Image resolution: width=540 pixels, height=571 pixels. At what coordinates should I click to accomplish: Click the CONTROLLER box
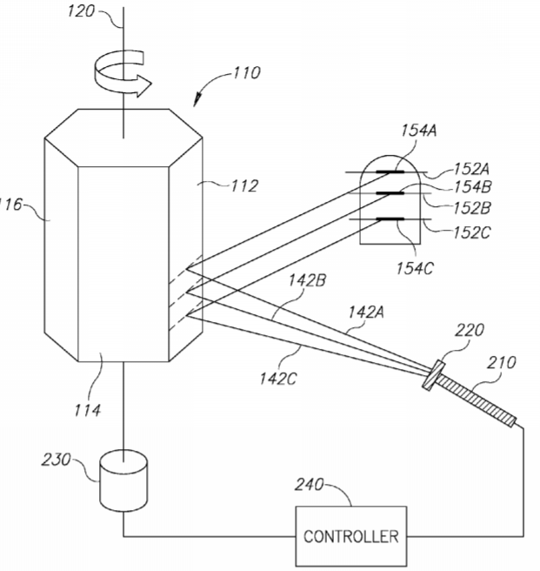350,536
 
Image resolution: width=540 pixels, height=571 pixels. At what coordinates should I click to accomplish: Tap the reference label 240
309,485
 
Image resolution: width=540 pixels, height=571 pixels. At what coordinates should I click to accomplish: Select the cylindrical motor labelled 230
123,480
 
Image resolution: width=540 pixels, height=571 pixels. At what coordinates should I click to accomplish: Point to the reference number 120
81,11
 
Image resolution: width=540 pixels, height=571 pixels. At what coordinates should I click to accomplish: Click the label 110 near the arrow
246,73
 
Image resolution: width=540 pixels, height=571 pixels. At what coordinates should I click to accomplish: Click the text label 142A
366,312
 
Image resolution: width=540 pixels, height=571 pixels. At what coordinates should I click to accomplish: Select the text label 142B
308,281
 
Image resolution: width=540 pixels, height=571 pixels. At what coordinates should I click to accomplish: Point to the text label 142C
277,380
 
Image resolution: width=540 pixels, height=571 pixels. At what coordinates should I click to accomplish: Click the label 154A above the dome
419,131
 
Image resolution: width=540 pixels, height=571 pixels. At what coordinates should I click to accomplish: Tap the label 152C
471,232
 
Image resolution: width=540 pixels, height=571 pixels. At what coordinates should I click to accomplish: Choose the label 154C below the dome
415,268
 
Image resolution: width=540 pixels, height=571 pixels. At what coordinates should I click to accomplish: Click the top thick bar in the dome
390,171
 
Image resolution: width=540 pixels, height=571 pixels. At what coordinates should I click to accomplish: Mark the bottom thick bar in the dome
390,219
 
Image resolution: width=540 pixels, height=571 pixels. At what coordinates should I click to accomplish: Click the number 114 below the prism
87,411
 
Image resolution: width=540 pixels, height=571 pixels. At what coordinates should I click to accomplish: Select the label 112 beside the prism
244,186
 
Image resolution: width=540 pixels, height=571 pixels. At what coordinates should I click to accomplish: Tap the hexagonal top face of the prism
123,138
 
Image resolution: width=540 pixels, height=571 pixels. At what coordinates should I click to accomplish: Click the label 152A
471,170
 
